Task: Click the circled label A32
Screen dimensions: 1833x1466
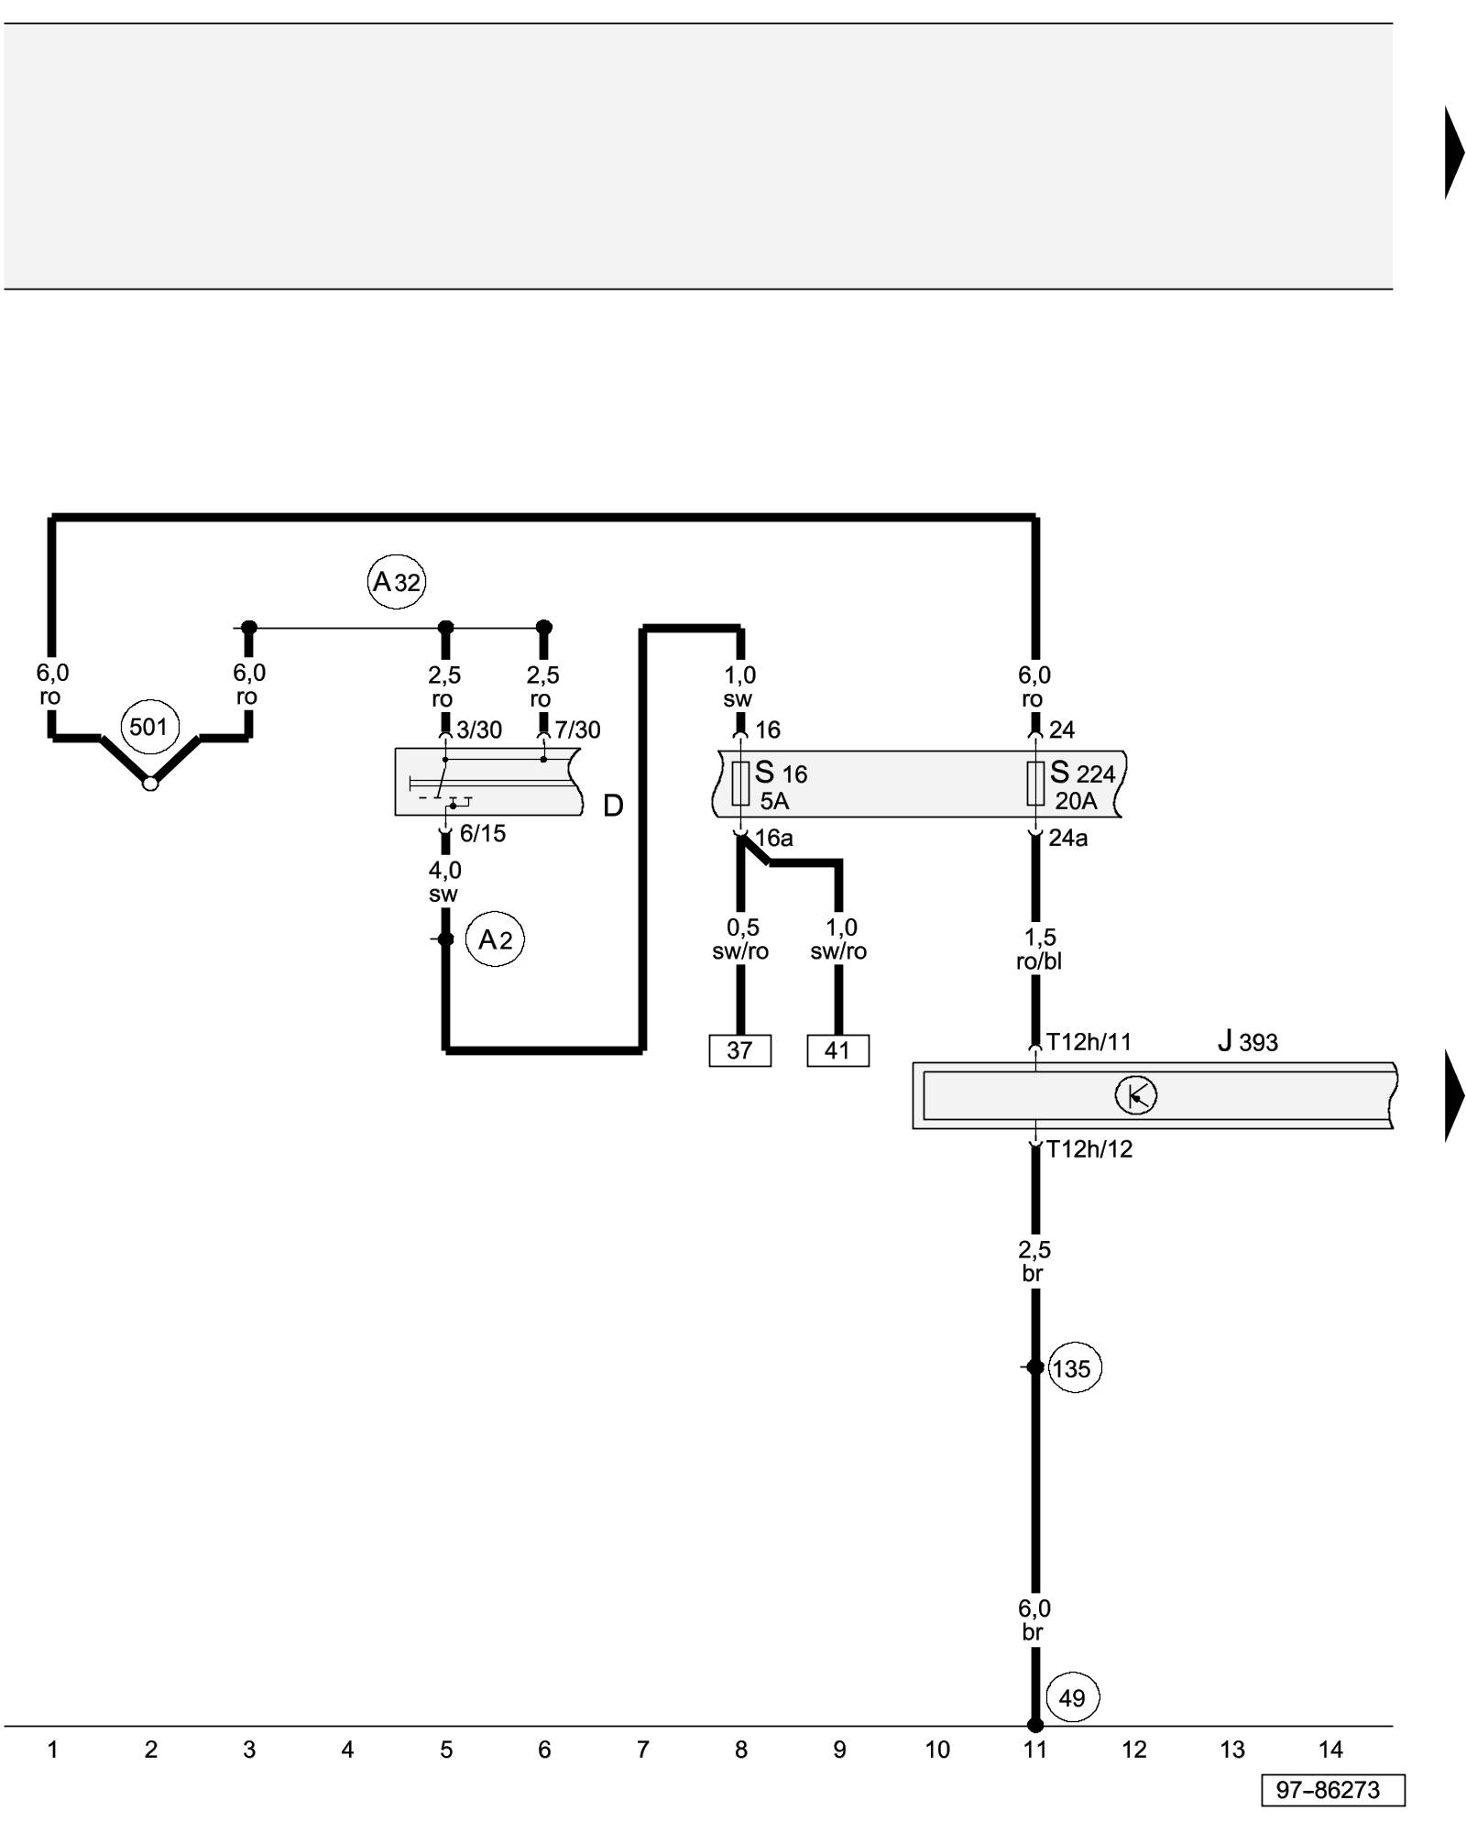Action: click(396, 581)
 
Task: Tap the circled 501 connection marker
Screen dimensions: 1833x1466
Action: click(148, 727)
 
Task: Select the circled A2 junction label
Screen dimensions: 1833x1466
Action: click(496, 939)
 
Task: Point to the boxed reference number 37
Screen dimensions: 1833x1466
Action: click(739, 1050)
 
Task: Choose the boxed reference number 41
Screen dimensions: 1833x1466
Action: click(837, 1050)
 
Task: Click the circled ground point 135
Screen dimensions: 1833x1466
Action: click(1074, 1368)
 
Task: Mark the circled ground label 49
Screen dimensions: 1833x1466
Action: click(1072, 1698)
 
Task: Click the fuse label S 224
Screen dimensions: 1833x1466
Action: click(1082, 773)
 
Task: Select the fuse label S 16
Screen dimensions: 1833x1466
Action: click(781, 773)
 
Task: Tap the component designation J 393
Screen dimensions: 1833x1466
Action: click(1247, 1041)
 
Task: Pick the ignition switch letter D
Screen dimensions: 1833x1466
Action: click(613, 806)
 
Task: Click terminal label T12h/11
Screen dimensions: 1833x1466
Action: click(1089, 1042)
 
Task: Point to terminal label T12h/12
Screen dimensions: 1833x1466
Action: click(1089, 1149)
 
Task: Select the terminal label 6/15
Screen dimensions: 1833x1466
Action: click(482, 834)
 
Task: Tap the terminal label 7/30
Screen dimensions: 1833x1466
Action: click(577, 730)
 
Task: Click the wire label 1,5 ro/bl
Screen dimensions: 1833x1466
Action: click(1039, 949)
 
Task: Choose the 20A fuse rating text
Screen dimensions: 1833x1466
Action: click(1076, 801)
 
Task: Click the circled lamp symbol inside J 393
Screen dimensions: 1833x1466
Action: click(1136, 1095)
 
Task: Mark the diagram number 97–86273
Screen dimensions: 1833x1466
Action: click(1332, 1790)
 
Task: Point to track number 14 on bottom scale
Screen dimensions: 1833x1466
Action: click(1330, 1750)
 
